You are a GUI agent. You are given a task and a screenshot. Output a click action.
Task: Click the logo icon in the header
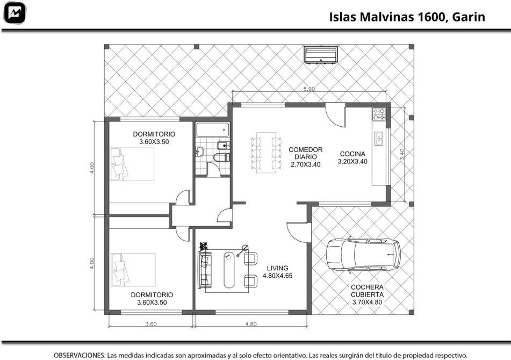[x=15, y=13]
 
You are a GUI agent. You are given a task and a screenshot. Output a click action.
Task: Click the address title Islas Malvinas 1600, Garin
[x=407, y=17]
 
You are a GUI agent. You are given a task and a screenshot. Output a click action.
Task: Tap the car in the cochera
[x=363, y=255]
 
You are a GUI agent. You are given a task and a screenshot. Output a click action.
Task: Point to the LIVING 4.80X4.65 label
[x=278, y=272]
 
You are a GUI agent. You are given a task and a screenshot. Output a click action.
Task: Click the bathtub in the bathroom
[x=213, y=129]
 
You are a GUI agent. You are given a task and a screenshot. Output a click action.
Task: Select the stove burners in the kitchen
[x=379, y=114]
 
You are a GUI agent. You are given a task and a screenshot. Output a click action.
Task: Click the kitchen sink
[x=379, y=139]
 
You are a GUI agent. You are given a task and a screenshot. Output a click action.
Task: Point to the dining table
[x=266, y=153]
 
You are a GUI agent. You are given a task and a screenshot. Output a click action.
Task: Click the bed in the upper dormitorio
[x=132, y=164]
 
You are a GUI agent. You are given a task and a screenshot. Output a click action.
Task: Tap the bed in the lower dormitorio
[x=133, y=270]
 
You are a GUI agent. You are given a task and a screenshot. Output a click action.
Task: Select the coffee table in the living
[x=229, y=270]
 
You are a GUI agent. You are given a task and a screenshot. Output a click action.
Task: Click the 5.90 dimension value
[x=309, y=89]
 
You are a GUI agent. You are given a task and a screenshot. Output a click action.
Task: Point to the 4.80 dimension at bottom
[x=251, y=324]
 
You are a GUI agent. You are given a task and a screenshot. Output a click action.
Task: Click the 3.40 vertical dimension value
[x=402, y=154]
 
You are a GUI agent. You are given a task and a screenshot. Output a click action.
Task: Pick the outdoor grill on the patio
[x=321, y=55]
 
